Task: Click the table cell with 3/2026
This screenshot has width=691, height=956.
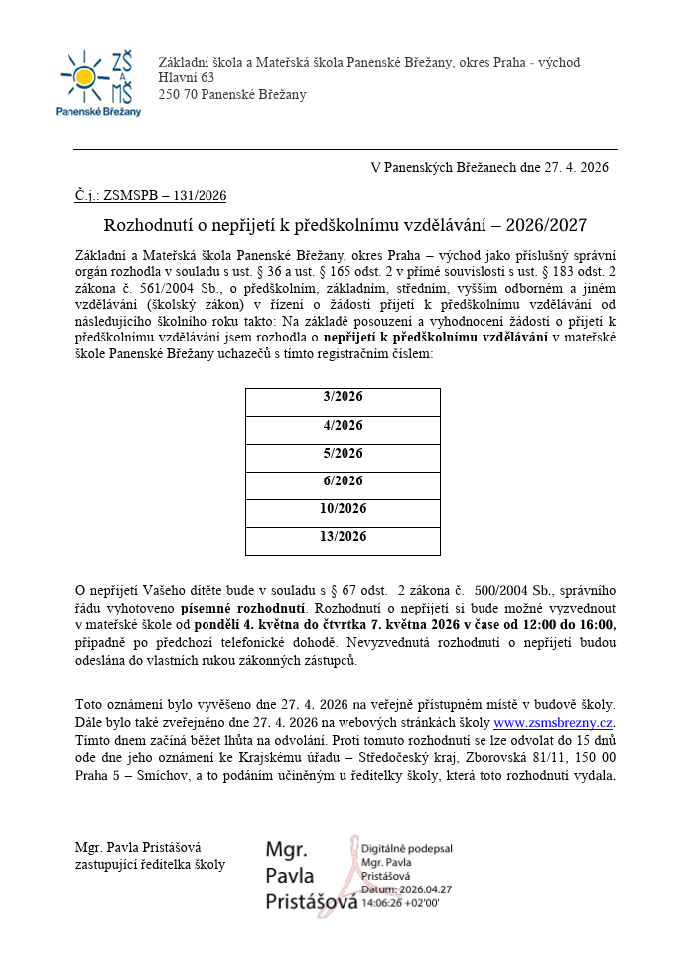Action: pos(343,397)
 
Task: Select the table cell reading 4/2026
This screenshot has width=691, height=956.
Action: pos(343,425)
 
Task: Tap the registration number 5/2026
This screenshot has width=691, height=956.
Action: pos(343,453)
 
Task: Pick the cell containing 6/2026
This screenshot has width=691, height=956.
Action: pos(343,480)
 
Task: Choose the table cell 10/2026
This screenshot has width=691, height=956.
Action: pos(343,508)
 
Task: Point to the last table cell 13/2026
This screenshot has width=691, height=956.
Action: pos(343,536)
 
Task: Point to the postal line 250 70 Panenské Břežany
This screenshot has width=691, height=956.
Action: pos(232,94)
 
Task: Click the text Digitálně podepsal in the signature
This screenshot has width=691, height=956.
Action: pos(407,850)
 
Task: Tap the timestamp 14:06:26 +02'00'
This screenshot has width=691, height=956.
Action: pos(401,903)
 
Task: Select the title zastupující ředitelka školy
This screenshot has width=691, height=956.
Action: pos(150,864)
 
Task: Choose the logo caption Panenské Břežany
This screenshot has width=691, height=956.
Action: pos(97,112)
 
